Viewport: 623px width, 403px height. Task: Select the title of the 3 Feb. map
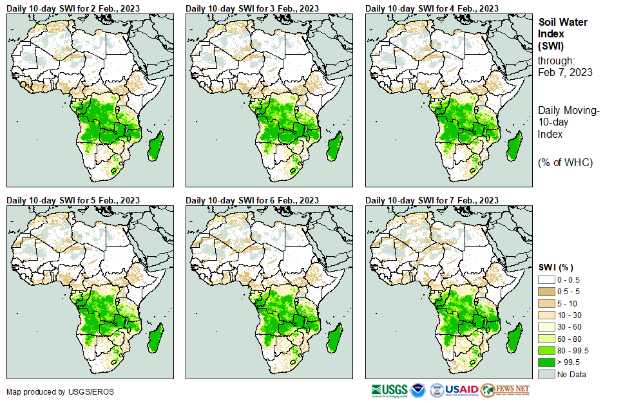pyautogui.click(x=253, y=8)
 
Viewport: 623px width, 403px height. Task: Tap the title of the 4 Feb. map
pyautogui.click(x=432, y=8)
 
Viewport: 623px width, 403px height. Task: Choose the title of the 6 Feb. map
pyautogui.click(x=253, y=200)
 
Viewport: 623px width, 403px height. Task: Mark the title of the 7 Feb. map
pyautogui.click(x=432, y=200)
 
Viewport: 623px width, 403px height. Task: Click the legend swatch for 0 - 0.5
pyautogui.click(x=546, y=280)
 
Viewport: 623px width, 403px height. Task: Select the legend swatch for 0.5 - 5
pyautogui.click(x=546, y=292)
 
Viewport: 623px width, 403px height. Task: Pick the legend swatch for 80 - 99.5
pyautogui.click(x=546, y=350)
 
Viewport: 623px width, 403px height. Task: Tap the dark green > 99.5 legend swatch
pyautogui.click(x=546, y=362)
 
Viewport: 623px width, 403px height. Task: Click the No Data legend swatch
pyautogui.click(x=546, y=374)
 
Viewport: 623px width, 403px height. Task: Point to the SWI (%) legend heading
pyautogui.click(x=555, y=267)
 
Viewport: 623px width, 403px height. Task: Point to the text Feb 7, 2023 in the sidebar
pyautogui.click(x=565, y=72)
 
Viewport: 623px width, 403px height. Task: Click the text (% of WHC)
pyautogui.click(x=565, y=162)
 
